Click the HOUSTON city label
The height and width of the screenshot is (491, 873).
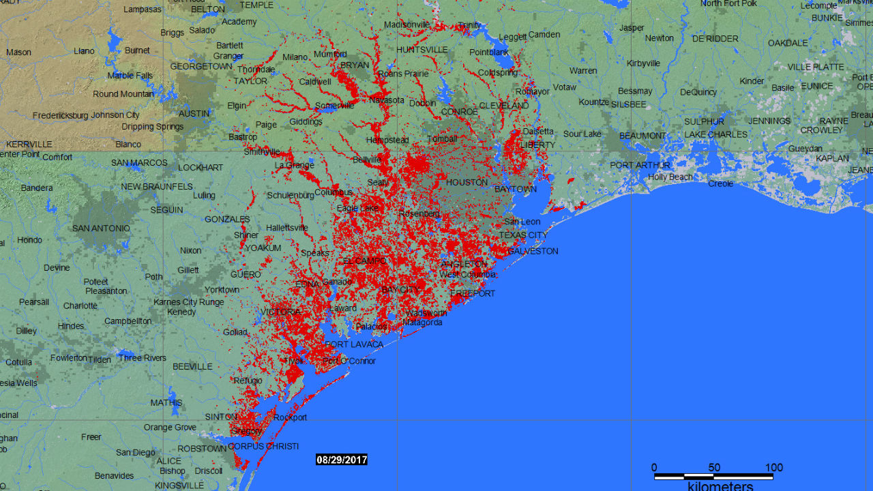click(x=467, y=183)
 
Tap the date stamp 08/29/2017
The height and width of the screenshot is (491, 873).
click(x=342, y=460)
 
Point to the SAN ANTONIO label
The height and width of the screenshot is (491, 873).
click(x=101, y=228)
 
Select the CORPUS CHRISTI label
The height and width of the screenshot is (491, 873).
click(x=263, y=447)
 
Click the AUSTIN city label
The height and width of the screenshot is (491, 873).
click(x=194, y=114)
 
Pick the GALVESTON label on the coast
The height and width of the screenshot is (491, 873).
click(x=533, y=251)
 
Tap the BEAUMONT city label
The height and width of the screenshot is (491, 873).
click(x=642, y=136)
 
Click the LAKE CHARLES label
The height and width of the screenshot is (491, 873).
click(x=716, y=134)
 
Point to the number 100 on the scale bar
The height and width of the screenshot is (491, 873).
click(x=773, y=468)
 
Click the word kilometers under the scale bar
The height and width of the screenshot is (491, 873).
click(x=720, y=486)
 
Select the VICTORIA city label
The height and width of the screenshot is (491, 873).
click(x=280, y=312)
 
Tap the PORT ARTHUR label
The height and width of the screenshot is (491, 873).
click(x=640, y=165)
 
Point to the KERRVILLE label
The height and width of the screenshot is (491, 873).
click(x=29, y=145)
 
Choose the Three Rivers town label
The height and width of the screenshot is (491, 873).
click(x=142, y=358)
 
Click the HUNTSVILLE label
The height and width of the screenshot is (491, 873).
click(x=422, y=50)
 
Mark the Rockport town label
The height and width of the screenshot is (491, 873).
click(x=291, y=417)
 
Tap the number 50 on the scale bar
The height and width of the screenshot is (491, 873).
click(x=714, y=468)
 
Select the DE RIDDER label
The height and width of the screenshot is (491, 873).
click(x=715, y=39)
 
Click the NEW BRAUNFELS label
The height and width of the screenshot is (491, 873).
click(x=157, y=187)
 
